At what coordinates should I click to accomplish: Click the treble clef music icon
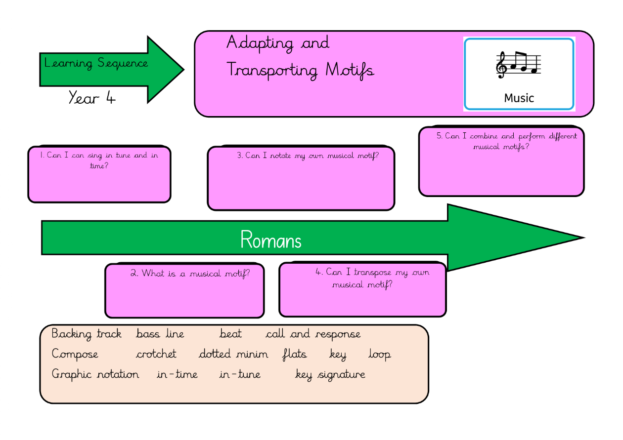coord(519,65)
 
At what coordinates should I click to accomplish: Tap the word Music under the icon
coord(519,98)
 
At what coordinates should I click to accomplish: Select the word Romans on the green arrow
coord(271,240)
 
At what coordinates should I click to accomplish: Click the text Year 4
coord(92,98)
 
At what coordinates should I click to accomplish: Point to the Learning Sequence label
coord(96,63)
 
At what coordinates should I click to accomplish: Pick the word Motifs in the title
coord(350,70)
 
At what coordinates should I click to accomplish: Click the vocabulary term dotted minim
coord(233,354)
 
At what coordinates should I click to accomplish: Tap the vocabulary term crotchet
coord(156,354)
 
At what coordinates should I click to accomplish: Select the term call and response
coord(313,334)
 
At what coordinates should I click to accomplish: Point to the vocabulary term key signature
coord(330,374)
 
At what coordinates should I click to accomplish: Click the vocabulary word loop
coord(379,355)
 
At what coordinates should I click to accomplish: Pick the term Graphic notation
coord(95,374)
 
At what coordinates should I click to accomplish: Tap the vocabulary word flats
coord(295,354)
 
